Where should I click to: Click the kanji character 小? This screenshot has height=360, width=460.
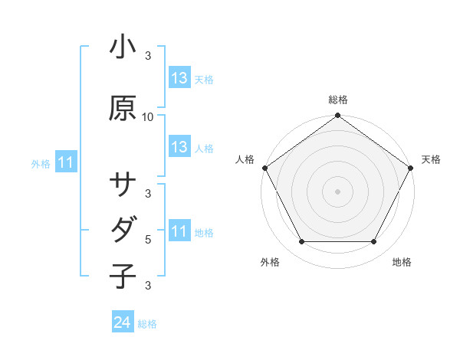122,47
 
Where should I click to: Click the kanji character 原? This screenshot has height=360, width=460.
122,108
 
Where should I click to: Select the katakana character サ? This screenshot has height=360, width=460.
122,185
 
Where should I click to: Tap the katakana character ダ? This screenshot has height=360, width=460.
122,229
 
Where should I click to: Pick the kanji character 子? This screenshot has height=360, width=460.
122,275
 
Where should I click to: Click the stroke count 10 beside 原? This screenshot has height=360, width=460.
149,117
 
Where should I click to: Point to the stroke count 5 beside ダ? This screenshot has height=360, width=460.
148,239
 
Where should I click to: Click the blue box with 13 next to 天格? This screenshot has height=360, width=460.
179,78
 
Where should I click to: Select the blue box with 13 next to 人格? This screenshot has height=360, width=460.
179,147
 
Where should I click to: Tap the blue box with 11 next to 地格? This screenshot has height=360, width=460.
179,231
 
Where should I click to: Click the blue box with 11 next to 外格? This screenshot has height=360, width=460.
65,162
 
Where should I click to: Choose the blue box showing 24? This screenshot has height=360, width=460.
122,322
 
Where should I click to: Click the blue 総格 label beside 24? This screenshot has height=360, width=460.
147,324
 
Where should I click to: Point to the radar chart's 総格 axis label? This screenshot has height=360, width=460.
338,100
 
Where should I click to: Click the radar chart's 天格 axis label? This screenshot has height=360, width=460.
431,159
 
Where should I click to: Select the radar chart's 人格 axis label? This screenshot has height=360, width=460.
245,159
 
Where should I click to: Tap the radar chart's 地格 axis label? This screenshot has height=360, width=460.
402,262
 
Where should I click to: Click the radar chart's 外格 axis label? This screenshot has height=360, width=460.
270,262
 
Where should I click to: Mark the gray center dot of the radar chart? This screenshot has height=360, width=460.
338,191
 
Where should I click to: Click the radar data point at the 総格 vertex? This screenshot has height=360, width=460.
338,116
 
